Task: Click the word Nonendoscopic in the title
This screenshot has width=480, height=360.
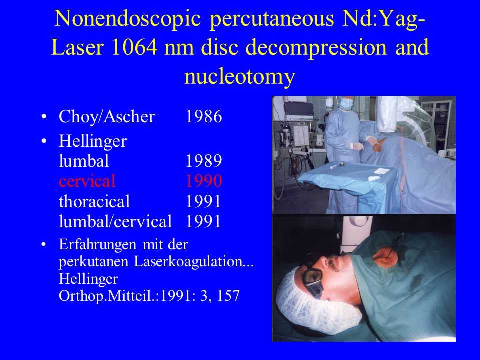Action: point(127,18)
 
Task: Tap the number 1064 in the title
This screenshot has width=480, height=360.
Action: point(134,48)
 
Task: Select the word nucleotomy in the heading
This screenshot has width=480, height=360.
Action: point(239,77)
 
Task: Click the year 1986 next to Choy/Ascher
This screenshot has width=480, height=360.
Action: point(204,116)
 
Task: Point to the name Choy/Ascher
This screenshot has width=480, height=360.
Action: point(107,117)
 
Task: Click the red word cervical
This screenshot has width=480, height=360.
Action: point(87,181)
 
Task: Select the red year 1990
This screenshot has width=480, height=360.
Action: point(204,181)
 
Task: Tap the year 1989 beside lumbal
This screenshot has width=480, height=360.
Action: point(204,161)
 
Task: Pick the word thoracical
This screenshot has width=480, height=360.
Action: point(94,201)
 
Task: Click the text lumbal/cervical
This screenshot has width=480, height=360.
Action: point(115,221)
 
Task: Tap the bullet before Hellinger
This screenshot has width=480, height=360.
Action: point(44,141)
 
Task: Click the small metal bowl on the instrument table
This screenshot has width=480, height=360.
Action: point(341,165)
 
